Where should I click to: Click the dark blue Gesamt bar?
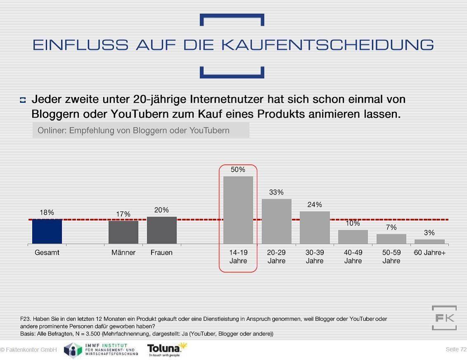[x=47, y=231]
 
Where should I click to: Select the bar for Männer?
[x=123, y=232]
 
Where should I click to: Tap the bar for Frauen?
[x=162, y=230]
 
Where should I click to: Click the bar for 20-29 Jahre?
[x=276, y=221]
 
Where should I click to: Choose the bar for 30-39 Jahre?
[x=315, y=227]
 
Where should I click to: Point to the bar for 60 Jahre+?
[x=429, y=242]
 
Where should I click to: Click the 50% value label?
[x=238, y=170]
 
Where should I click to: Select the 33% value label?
[x=276, y=192]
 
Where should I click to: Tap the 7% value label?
[x=391, y=227]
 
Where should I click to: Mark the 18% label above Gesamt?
[x=47, y=213]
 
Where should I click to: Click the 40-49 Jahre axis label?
[x=353, y=256]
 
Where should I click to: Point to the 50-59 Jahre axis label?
[x=391, y=256]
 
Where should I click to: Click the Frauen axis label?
[x=162, y=253]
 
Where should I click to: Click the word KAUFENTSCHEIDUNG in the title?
[x=328, y=45]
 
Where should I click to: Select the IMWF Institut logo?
[x=101, y=350]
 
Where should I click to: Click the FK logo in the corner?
[x=444, y=318]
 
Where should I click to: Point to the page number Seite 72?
[x=456, y=350]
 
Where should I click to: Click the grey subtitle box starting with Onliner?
[x=141, y=130]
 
